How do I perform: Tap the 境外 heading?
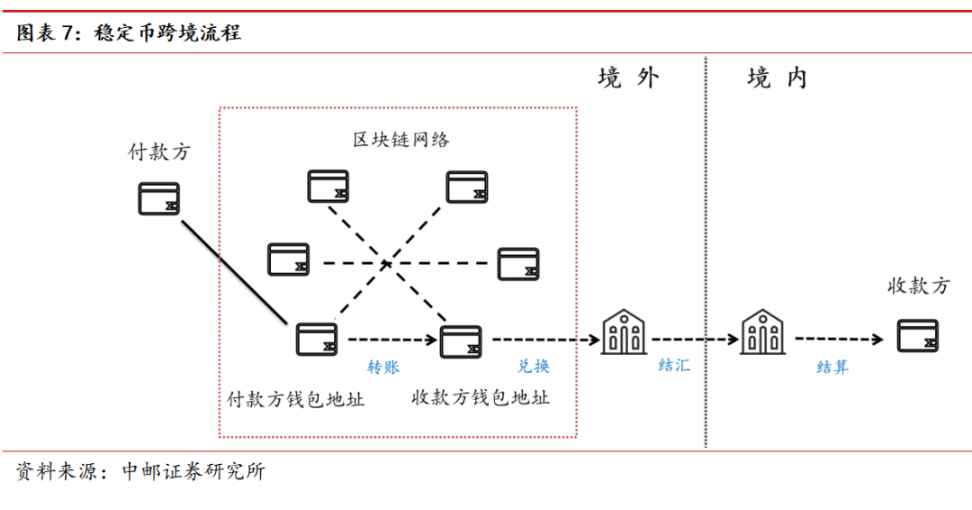coord(628,78)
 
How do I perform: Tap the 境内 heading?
coord(777,78)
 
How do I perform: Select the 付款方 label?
coord(159,152)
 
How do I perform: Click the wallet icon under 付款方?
coord(159,199)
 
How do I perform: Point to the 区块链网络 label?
coord(400,140)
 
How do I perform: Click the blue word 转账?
coord(382,367)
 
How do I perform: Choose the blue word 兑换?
coord(533,367)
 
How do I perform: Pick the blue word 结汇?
coord(674,367)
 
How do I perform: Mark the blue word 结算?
coord(832,367)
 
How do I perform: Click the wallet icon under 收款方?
coord(918,336)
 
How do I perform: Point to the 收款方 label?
coord(918,287)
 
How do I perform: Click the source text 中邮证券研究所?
coord(193,471)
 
